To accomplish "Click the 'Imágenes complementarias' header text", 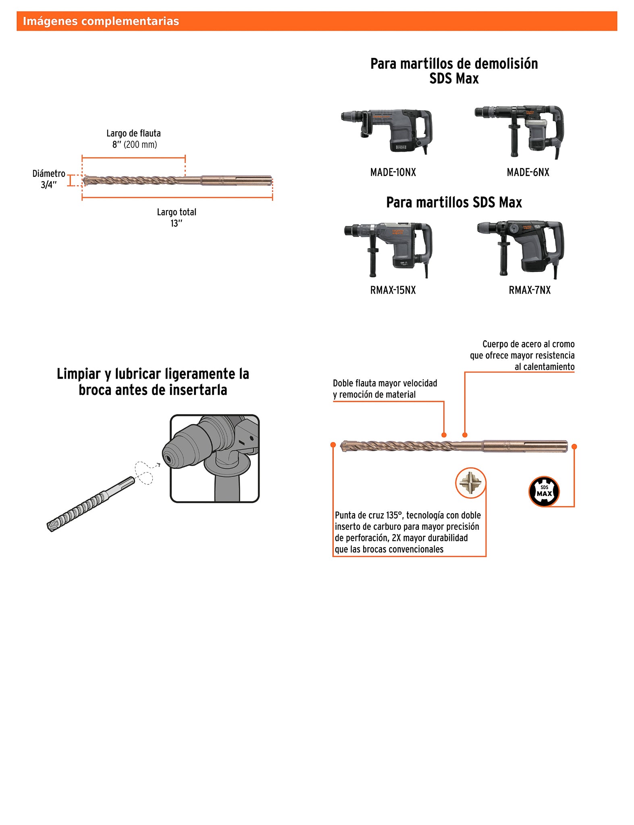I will coord(101,21).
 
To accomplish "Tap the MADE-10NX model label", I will coord(393,172).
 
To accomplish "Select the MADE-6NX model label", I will coord(528,172).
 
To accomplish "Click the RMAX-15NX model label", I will coord(393,290).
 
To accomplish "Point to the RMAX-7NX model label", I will coord(530,290).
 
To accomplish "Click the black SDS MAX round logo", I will coord(544,491).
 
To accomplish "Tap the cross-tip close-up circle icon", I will coord(470,483).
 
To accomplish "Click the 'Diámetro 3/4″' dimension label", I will coord(49,179).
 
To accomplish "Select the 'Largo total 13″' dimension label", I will coord(177,218).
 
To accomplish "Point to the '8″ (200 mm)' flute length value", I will coord(135,145).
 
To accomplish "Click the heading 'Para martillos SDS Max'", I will coord(454,202).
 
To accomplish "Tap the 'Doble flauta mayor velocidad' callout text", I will coord(385,383).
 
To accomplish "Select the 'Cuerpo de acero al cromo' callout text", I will coord(528,344).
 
